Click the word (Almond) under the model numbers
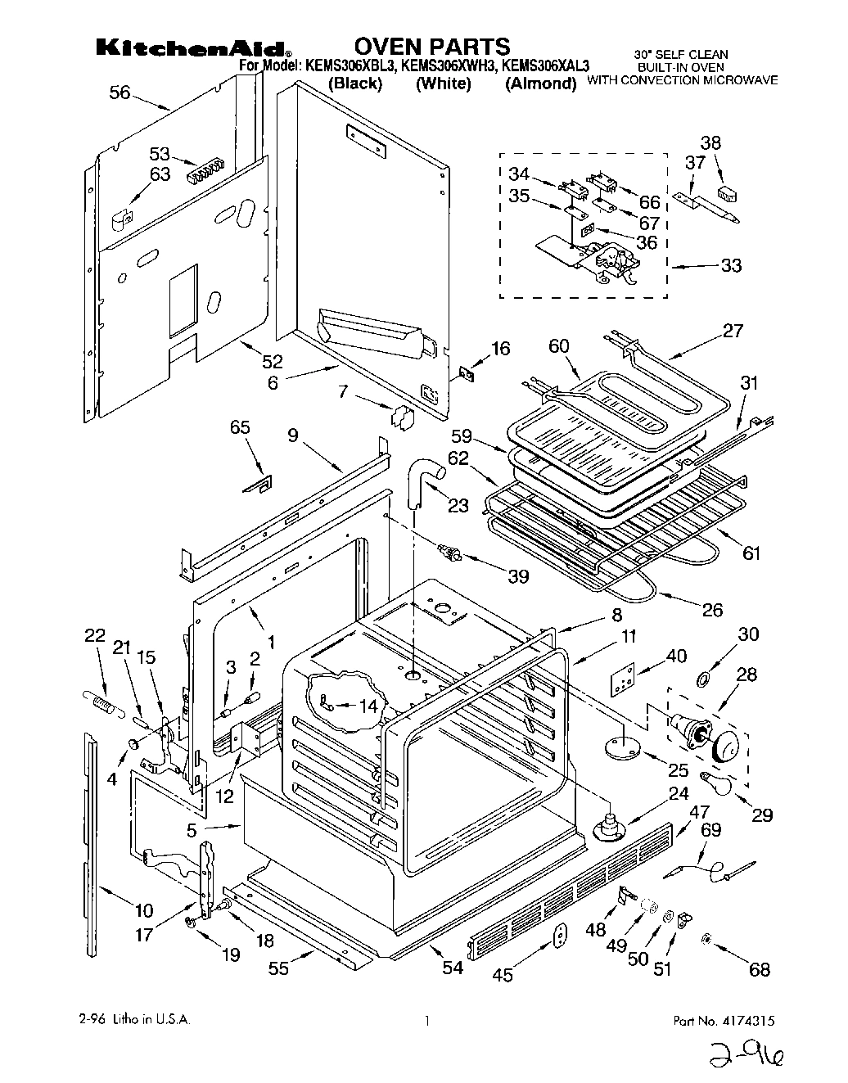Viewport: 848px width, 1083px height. (540, 83)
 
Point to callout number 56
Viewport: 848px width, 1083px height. (120, 93)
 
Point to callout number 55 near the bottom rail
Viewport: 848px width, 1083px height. (279, 968)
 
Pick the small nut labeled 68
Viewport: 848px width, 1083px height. (706, 939)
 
